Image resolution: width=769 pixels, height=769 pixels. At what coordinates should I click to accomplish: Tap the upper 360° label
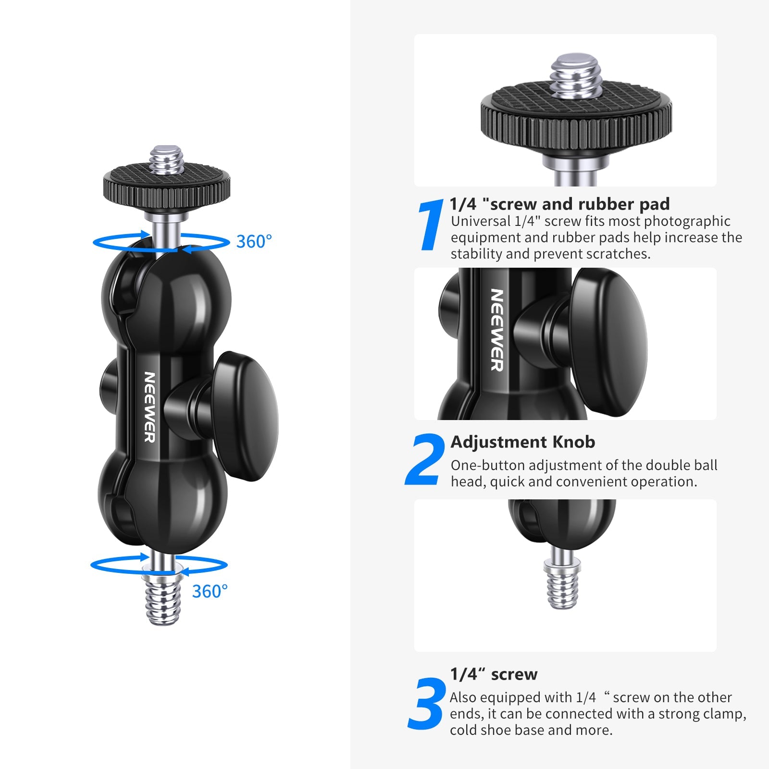(x=254, y=241)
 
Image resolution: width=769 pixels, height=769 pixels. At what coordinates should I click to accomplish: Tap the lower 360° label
(x=210, y=591)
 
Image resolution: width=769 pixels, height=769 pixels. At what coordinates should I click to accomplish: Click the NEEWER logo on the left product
(x=150, y=407)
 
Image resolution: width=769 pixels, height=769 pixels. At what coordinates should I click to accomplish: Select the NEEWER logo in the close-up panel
(x=497, y=330)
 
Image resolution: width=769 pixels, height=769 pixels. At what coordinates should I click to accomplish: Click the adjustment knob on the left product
(x=245, y=416)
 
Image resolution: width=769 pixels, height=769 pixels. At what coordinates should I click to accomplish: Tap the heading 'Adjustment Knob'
(x=523, y=442)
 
